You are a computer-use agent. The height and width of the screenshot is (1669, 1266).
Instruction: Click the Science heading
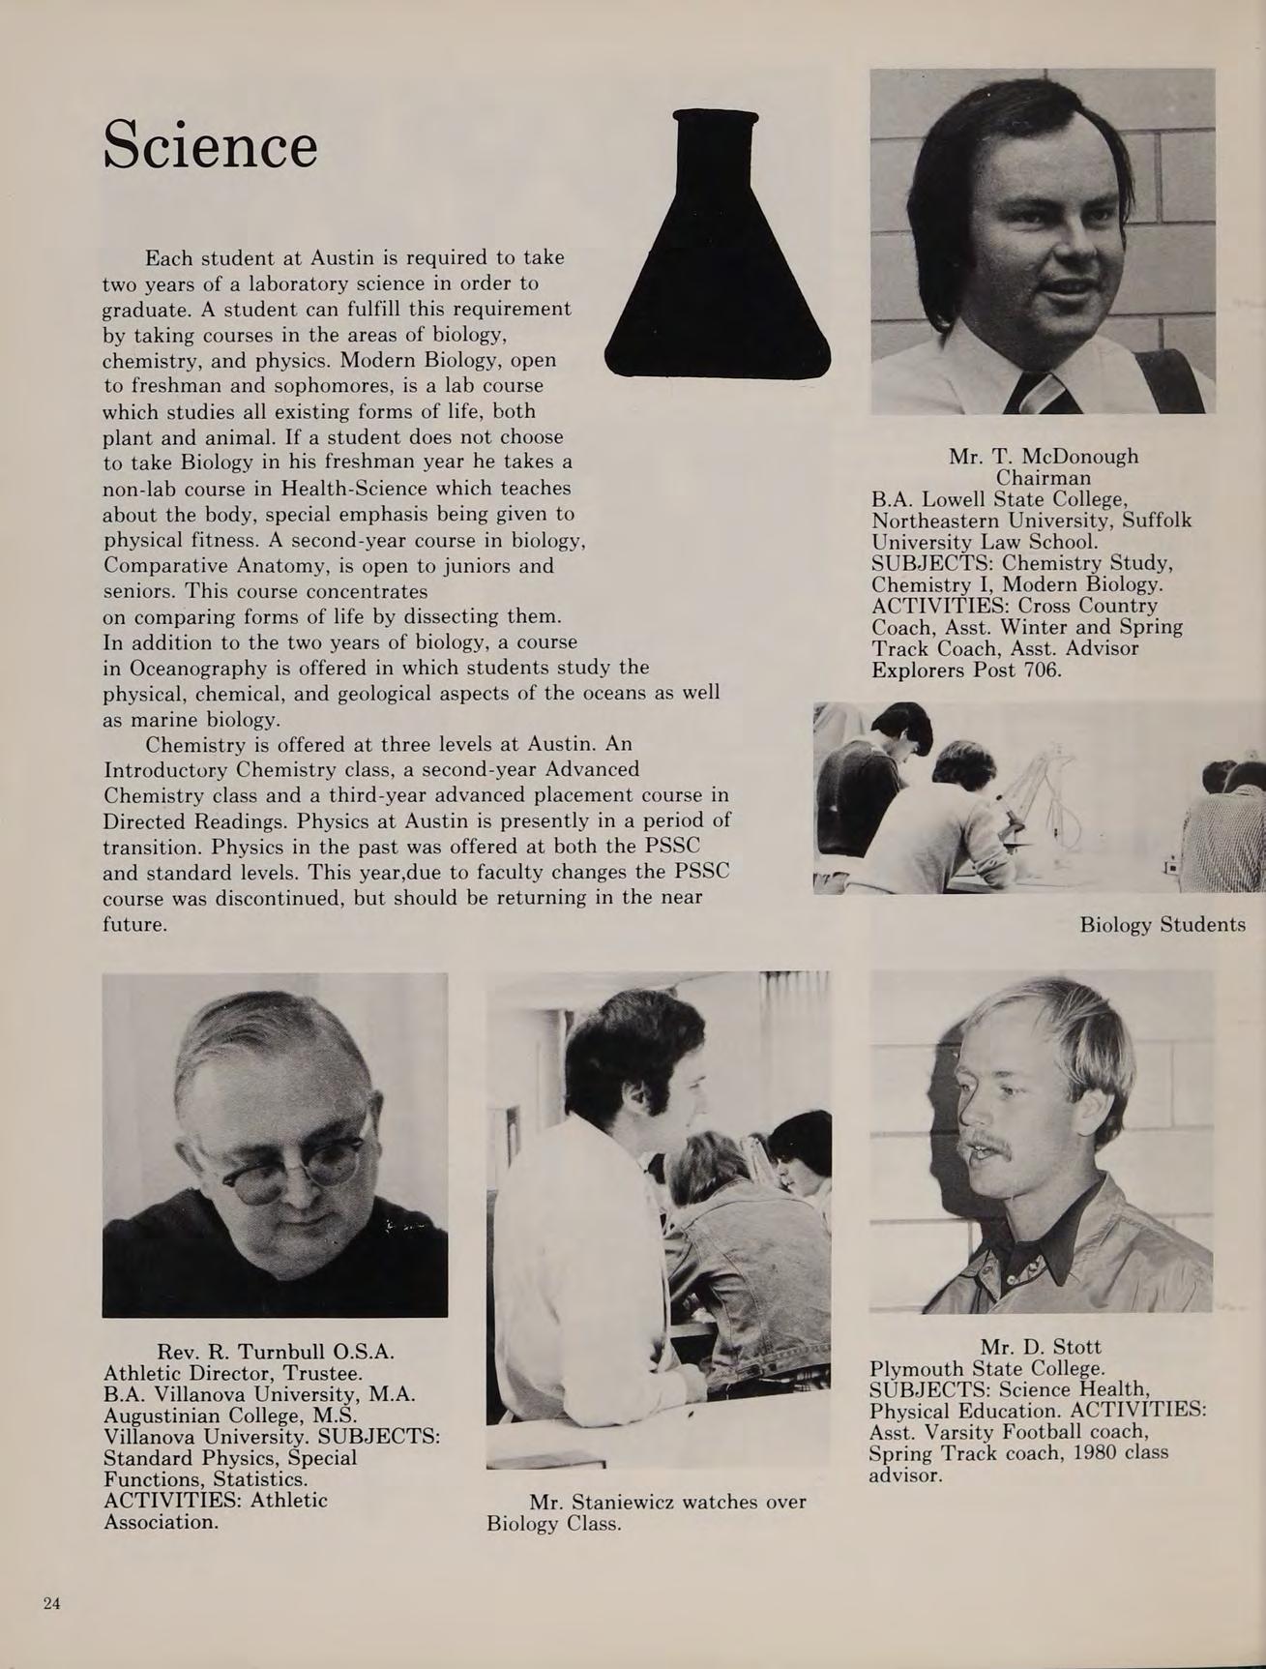point(210,145)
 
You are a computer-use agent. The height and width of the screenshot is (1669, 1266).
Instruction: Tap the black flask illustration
point(717,271)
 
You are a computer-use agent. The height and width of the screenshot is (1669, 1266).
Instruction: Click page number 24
point(52,1604)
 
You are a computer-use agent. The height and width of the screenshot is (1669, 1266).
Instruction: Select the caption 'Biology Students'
point(1162,924)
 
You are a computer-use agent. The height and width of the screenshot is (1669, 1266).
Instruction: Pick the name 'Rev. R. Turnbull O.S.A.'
point(276,1351)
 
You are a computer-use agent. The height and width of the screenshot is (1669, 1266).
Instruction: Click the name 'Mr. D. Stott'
point(1041,1347)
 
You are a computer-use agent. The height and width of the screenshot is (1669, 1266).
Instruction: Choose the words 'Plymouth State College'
point(986,1368)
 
